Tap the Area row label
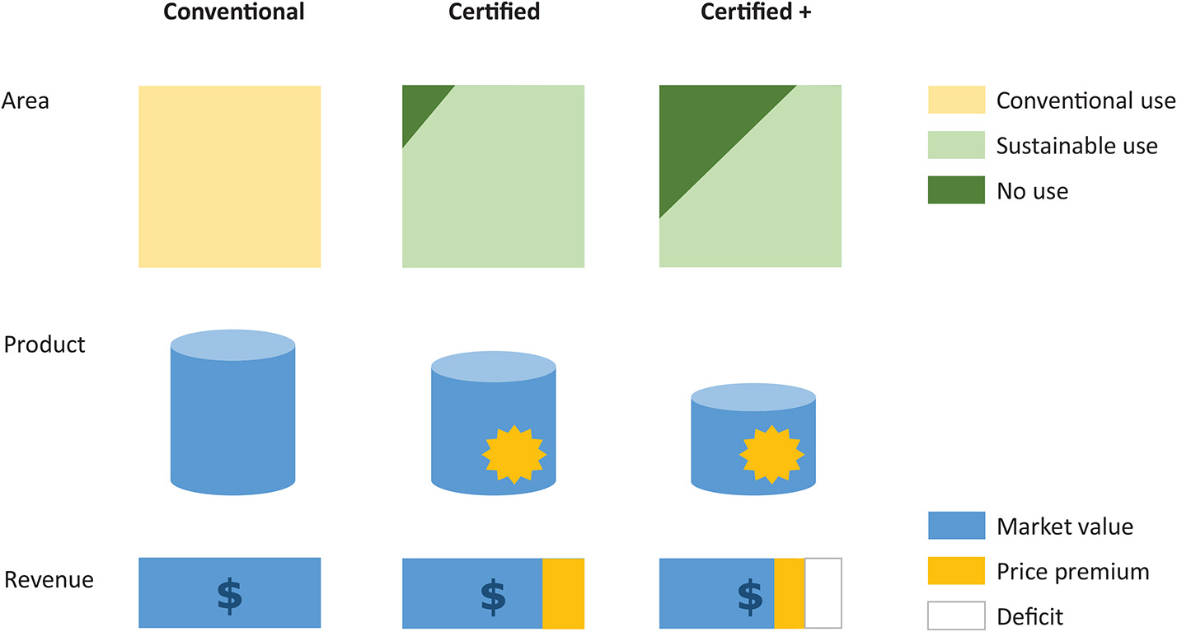pyautogui.click(x=26, y=101)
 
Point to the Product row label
pyautogui.click(x=45, y=344)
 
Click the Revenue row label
pyautogui.click(x=49, y=580)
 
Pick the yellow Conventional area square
pyautogui.click(x=229, y=176)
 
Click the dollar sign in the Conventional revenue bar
pyautogui.click(x=229, y=594)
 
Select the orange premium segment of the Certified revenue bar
pyautogui.click(x=563, y=593)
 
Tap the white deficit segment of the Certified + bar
pyautogui.click(x=823, y=593)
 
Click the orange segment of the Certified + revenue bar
pyautogui.click(x=789, y=593)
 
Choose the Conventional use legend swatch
pyautogui.click(x=956, y=100)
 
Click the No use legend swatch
pyautogui.click(x=956, y=190)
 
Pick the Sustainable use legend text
pyautogui.click(x=1076, y=146)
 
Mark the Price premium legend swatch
pyautogui.click(x=956, y=570)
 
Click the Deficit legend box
pyautogui.click(x=956, y=615)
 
